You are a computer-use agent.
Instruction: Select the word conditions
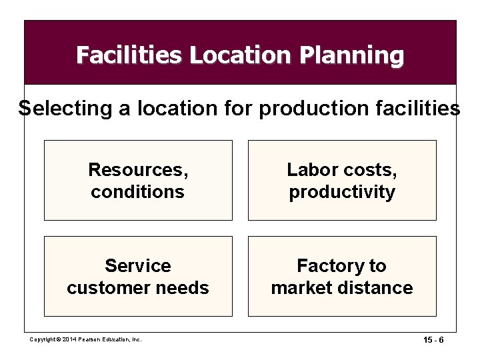(138, 192)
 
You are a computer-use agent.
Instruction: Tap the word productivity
(342, 192)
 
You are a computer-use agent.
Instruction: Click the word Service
(138, 266)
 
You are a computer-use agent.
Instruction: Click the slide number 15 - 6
(433, 339)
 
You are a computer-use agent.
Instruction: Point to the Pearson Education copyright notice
(86, 339)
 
